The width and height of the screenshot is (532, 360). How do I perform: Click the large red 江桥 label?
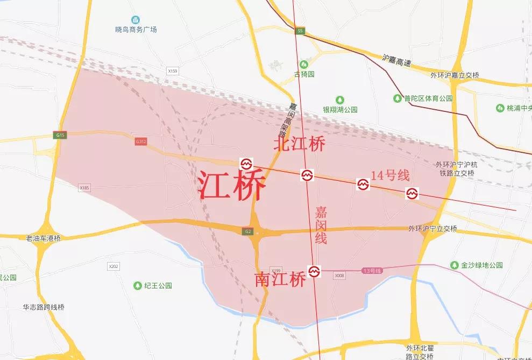coord(232,186)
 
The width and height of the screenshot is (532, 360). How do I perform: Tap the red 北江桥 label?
coord(299,144)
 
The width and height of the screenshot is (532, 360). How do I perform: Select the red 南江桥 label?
coord(280,279)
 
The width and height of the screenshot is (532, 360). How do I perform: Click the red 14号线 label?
coord(391,175)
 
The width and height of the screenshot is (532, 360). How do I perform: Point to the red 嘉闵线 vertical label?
coord(321,225)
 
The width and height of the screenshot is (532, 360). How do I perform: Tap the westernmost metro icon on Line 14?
coord(246,164)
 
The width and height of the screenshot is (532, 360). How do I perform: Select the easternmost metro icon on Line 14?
coord(412,193)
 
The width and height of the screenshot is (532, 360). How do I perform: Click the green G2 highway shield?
coord(248,231)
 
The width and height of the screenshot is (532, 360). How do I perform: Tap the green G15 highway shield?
coord(60,135)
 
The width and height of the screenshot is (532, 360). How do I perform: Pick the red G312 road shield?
coord(141,142)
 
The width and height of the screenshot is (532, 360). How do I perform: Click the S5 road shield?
coord(300,31)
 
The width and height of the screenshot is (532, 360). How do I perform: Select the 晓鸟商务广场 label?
coord(136,30)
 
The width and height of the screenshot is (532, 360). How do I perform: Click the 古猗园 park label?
coord(304,74)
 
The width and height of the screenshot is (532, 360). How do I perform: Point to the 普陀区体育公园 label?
coord(429,98)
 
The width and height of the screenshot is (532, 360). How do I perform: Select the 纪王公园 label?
coord(158,286)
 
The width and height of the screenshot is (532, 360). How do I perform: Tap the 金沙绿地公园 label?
coord(482,265)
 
